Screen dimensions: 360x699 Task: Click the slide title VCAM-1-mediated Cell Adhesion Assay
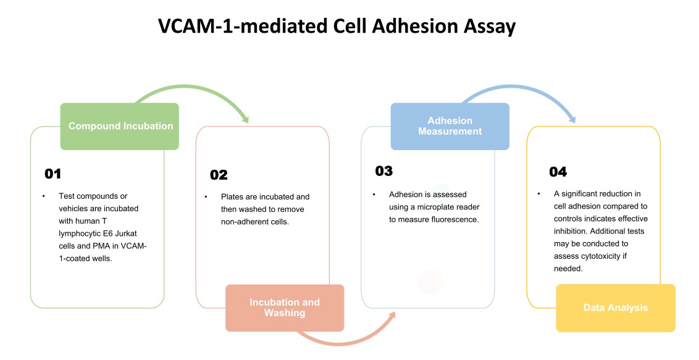(337, 27)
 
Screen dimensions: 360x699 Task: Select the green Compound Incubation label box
(120, 126)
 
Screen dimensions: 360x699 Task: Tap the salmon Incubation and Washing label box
(285, 308)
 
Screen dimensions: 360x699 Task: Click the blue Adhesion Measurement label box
(450, 126)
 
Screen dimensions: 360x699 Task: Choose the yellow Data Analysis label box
(616, 308)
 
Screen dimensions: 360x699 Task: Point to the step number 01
(52, 174)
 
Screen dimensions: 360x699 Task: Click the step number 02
(219, 175)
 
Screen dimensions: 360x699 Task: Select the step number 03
(383, 171)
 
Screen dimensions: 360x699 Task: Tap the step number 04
(558, 172)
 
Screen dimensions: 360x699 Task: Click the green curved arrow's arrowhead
(245, 119)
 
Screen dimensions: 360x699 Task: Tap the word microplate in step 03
(446, 207)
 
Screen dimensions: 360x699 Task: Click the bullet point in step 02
(206, 197)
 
